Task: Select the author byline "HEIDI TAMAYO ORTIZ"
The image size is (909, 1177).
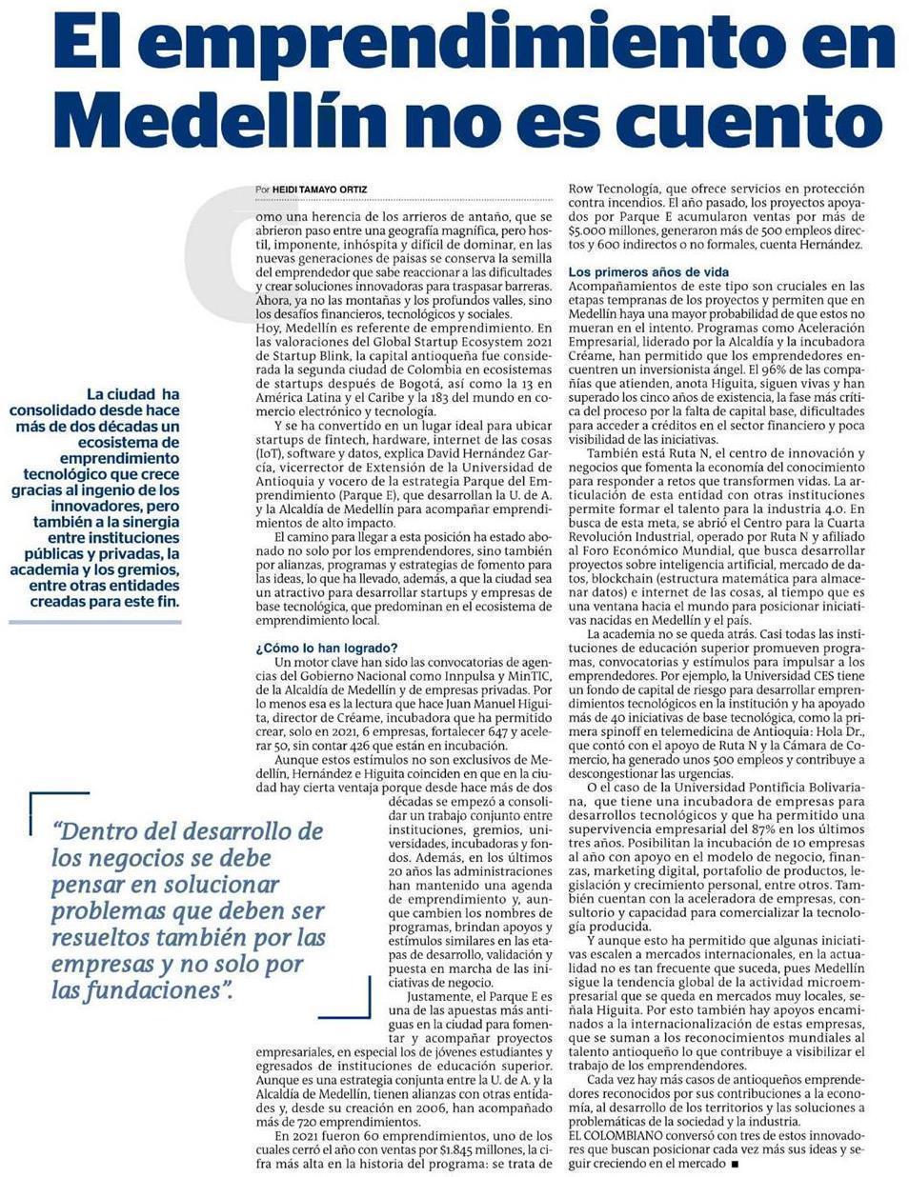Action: point(319,190)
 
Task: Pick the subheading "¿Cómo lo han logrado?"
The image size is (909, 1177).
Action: point(327,648)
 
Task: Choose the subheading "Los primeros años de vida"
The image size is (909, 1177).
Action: point(648,272)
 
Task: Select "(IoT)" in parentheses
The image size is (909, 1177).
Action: point(270,454)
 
